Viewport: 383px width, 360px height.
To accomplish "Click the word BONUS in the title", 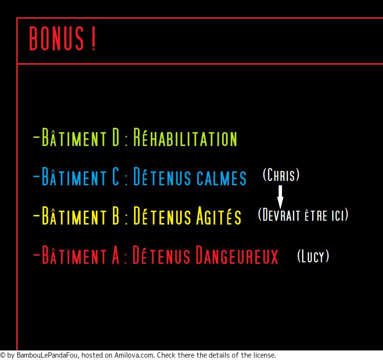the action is pos(56,38).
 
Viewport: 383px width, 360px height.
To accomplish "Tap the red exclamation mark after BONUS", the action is pos(93,38).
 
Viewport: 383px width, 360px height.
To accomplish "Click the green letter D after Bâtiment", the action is pos(116,137).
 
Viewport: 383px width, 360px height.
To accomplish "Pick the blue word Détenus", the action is pos(162,176).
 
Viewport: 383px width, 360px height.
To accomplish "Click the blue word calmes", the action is pos(222,178).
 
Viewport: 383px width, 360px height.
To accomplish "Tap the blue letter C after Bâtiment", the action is pos(116,176).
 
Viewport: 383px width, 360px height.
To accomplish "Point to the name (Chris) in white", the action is pos(281,174).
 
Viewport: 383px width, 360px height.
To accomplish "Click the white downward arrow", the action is pos(280,197).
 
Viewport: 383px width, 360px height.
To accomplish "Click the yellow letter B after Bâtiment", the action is pos(116,215).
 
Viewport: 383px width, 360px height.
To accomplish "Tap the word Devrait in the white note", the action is pos(279,214).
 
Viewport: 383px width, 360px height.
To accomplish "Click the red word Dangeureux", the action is pos(237,255).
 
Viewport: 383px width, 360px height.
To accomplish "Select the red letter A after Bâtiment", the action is pos(116,255).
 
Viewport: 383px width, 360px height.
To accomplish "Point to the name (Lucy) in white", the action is pos(313,256).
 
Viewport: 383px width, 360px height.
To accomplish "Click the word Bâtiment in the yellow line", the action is pos(74,215).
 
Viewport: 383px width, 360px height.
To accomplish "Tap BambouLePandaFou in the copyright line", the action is pos(47,355).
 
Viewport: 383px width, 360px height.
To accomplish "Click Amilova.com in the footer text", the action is pos(135,355).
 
